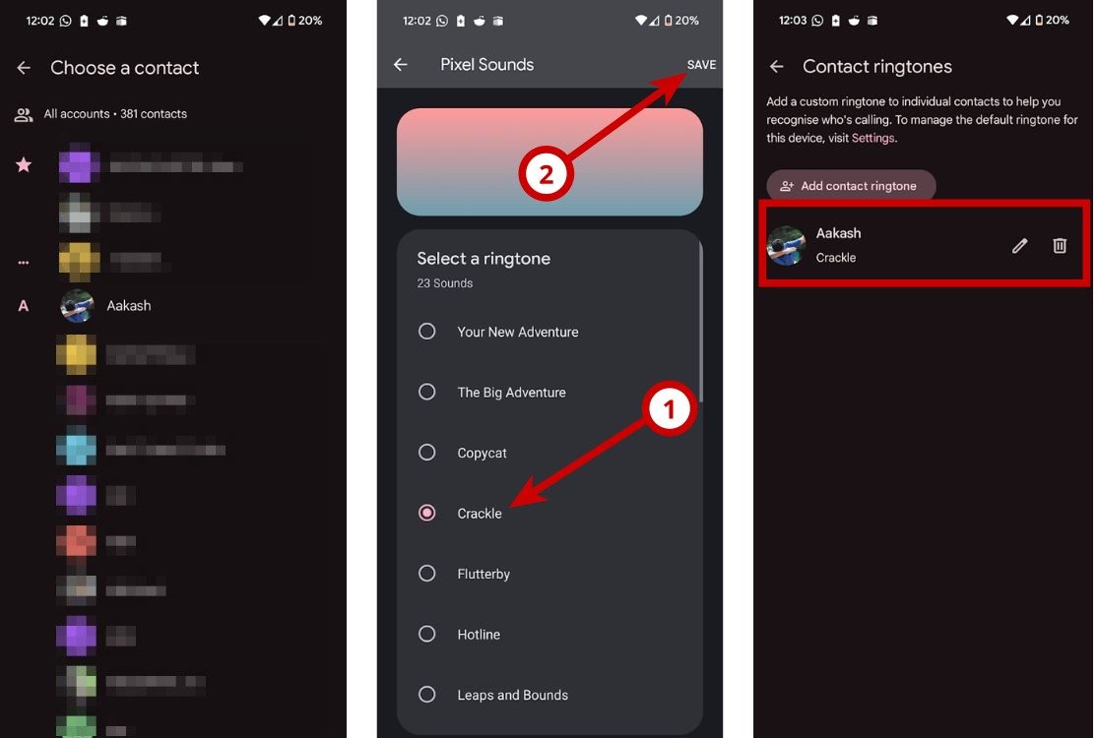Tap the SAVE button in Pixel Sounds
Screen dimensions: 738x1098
click(x=701, y=65)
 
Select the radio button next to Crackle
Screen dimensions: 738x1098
click(x=426, y=513)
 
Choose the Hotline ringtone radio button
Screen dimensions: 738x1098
click(x=426, y=634)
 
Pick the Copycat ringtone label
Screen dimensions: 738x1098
click(x=482, y=453)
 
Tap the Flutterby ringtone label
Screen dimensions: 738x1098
click(x=484, y=574)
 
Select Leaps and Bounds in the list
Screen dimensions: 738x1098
click(x=512, y=695)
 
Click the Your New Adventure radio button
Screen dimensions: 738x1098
click(x=426, y=332)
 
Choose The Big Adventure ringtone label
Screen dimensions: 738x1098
click(x=511, y=392)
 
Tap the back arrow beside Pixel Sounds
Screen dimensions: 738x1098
click(x=401, y=65)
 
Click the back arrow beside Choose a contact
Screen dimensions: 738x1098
click(x=25, y=68)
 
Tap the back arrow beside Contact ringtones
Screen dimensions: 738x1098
click(x=777, y=67)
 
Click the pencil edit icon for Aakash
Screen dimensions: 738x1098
click(x=1019, y=246)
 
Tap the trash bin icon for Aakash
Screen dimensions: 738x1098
click(x=1060, y=246)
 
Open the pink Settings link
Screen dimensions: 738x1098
click(x=872, y=139)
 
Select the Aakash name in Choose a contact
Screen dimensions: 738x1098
click(x=129, y=306)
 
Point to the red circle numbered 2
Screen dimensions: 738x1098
click(x=546, y=176)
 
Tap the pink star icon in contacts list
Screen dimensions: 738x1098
click(x=24, y=164)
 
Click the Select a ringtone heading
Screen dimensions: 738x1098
click(x=484, y=259)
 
